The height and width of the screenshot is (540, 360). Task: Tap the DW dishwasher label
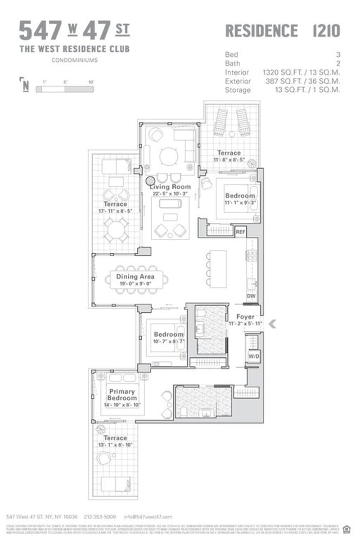(251, 296)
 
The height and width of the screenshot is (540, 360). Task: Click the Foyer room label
(245, 317)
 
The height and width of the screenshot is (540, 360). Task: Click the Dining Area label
(135, 277)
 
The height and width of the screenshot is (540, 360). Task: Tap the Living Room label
(170, 187)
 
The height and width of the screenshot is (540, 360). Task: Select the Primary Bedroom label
(122, 395)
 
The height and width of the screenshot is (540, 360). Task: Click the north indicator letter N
(26, 85)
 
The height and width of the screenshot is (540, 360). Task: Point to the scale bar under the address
(65, 89)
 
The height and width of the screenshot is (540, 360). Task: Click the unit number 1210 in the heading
(326, 31)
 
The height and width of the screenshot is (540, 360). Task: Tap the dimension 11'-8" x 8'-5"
(229, 159)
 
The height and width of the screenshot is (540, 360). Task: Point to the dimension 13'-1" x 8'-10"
(115, 445)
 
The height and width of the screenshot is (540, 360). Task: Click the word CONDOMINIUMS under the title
(74, 60)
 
